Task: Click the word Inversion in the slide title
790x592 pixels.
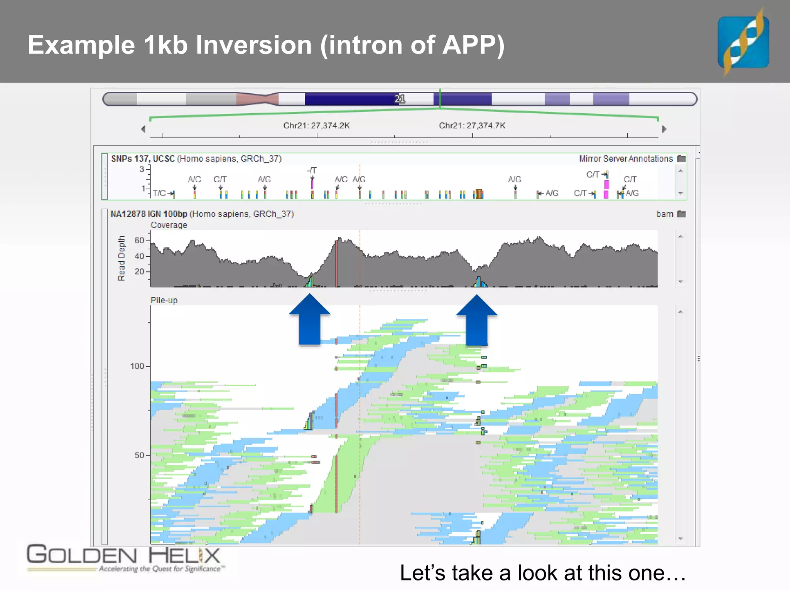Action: point(254,45)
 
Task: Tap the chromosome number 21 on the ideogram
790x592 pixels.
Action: point(400,99)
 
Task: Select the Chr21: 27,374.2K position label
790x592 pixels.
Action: point(316,126)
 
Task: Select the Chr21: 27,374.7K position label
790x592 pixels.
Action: point(472,126)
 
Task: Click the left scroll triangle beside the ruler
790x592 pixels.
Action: point(143,129)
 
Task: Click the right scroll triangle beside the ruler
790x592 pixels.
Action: point(664,129)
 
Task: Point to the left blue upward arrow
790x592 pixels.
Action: point(310,320)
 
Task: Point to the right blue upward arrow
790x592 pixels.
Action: point(477,320)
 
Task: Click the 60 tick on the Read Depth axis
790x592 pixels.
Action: point(140,240)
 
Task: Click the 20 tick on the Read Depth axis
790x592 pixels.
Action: point(140,271)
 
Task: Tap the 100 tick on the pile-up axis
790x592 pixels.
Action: point(137,366)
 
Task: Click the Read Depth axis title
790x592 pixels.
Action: point(122,258)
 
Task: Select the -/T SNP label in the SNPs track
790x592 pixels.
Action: point(312,170)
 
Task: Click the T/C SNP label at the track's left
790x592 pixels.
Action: point(159,193)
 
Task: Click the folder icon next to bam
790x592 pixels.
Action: point(682,214)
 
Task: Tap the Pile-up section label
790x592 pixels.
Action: point(164,300)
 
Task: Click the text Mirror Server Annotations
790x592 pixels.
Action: point(626,159)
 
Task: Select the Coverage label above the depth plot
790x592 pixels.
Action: point(169,225)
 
